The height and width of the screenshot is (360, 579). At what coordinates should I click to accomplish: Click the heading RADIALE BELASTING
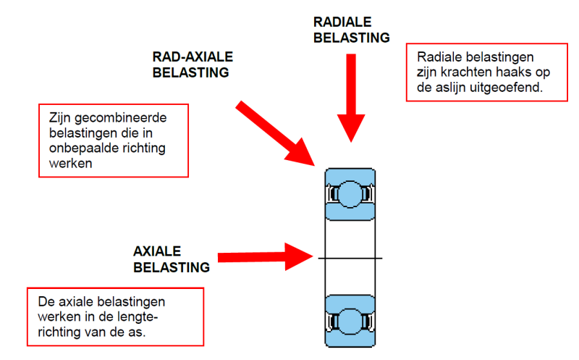pos(351,30)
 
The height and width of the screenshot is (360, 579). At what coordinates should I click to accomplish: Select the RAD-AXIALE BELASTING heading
pos(193,64)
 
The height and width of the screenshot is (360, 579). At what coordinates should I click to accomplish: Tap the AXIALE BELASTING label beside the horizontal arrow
pos(172,259)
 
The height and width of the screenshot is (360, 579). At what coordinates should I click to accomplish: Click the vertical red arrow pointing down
pos(351,98)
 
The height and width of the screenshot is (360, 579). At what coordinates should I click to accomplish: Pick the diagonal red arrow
pos(275,133)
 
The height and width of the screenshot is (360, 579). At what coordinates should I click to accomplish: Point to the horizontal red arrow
pos(265,257)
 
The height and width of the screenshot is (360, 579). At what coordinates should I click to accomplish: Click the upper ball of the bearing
pos(350,194)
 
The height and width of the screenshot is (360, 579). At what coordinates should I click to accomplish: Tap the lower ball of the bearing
pos(350,321)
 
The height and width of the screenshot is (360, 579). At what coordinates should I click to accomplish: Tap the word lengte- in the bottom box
pos(138,317)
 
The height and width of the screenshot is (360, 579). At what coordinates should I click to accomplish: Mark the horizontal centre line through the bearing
pos(350,258)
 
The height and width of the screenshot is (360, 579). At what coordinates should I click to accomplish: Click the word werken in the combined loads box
pos(70,164)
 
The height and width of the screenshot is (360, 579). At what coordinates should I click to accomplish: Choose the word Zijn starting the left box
pos(60,118)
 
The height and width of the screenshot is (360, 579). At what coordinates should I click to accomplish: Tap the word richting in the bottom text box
pos(59,332)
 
